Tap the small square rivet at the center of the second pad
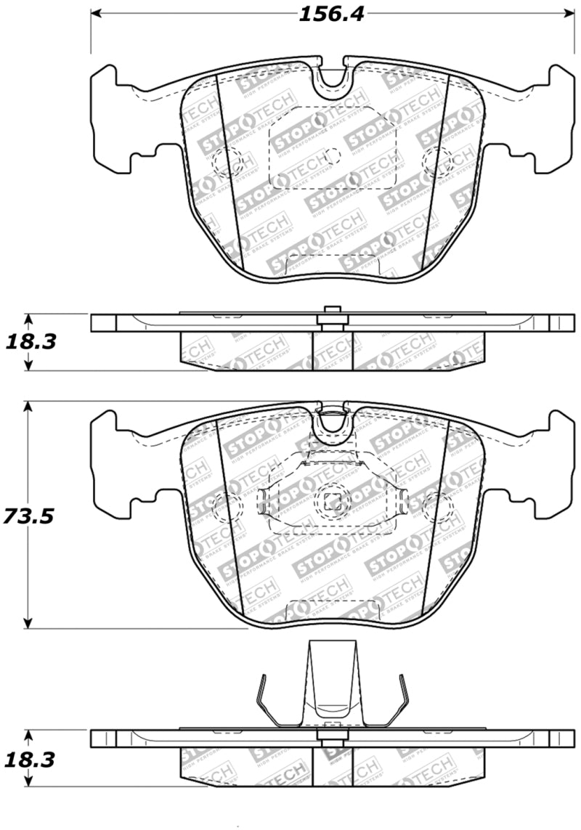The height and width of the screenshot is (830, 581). tap(333, 500)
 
